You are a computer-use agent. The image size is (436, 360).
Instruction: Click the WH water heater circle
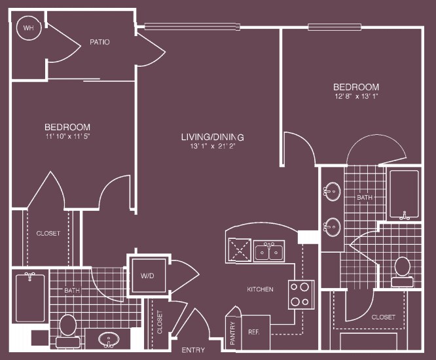coord(29,28)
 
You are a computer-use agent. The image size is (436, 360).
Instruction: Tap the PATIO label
coord(100,43)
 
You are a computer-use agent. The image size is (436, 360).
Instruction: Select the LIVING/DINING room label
coord(213,137)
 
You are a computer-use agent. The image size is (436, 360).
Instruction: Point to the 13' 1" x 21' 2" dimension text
coord(213,147)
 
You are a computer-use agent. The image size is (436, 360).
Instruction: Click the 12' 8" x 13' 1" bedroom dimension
coord(356,96)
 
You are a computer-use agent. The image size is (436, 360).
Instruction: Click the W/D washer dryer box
coord(147,276)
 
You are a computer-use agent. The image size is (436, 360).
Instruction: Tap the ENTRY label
coord(193,350)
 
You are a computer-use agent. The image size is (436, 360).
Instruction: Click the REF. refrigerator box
coord(255,331)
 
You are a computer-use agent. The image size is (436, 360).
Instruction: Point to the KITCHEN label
coord(260,289)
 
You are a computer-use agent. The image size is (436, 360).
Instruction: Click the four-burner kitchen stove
coord(301,294)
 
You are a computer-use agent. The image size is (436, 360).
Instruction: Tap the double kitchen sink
coord(269,251)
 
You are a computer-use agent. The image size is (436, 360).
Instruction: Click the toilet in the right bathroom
coord(402,268)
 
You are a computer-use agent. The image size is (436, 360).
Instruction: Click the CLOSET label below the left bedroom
coord(48,233)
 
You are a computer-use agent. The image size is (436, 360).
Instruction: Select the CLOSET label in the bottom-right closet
coord(383,317)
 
